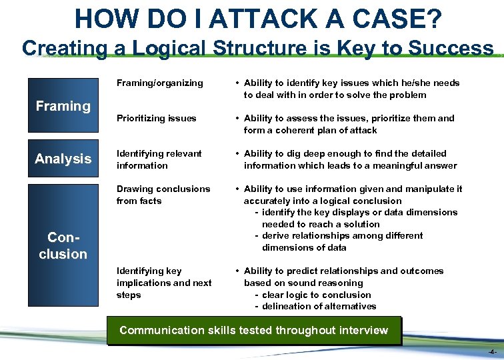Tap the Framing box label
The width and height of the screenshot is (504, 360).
tap(63, 106)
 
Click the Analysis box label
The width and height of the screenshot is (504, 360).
tap(63, 159)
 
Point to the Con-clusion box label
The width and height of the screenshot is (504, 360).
tap(63, 245)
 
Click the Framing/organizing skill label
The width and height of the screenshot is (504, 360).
tap(159, 83)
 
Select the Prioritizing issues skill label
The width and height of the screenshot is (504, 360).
tap(156, 118)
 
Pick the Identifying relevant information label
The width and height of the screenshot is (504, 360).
tap(159, 159)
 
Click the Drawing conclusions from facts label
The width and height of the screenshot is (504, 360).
tap(163, 195)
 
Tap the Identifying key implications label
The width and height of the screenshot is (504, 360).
tap(163, 283)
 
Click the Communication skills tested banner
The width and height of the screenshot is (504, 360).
tap(253, 331)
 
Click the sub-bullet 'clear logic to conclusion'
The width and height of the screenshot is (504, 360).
tap(316, 295)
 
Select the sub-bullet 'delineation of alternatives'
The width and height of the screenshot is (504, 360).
tap(319, 307)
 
